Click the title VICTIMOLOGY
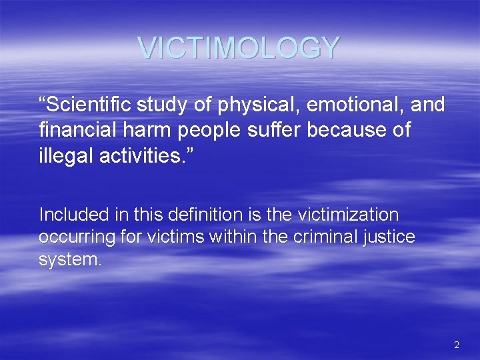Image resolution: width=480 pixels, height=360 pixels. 239,47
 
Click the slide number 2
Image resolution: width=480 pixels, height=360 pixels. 456,345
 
